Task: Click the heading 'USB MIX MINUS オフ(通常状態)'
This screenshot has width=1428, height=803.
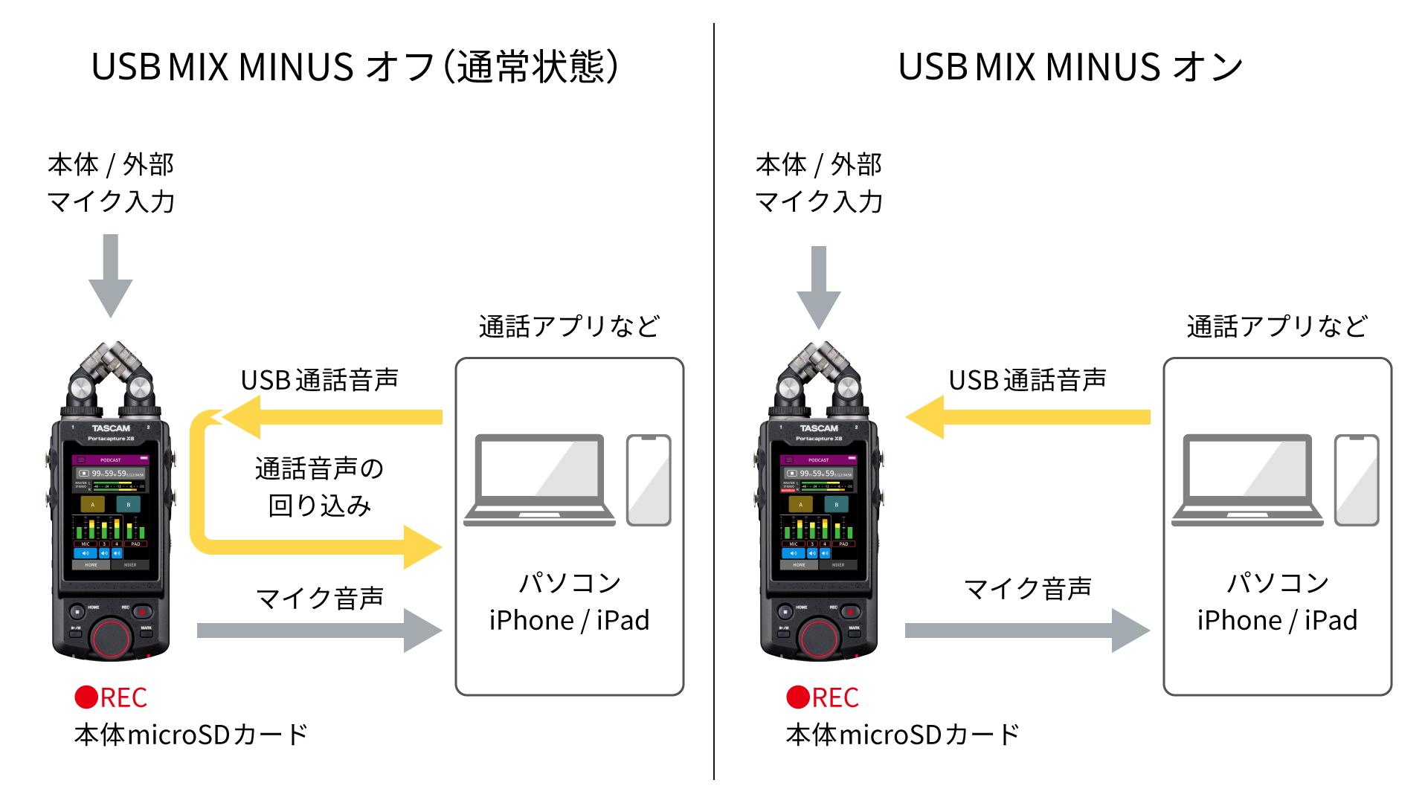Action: tap(355, 67)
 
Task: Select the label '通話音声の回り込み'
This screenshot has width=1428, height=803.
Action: tap(319, 487)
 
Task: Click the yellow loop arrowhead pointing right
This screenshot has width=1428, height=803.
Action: tap(421, 547)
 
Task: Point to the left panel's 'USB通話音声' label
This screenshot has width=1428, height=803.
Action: tap(319, 380)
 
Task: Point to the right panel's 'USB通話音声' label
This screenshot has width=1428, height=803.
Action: tap(1027, 380)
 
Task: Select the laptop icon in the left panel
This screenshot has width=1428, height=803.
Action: tap(540, 480)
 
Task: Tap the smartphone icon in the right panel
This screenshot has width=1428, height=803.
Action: tap(1357, 480)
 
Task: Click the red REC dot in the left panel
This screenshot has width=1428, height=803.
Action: tap(86, 697)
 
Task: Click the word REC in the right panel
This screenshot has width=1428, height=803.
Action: tap(835, 697)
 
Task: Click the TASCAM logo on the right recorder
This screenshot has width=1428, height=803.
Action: tap(819, 428)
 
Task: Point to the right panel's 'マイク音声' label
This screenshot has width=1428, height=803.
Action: tap(1027, 589)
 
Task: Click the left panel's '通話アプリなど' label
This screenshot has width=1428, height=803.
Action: tap(569, 326)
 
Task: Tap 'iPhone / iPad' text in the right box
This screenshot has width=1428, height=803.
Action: tap(1277, 620)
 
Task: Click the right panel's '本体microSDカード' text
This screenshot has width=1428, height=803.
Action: tap(902, 735)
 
